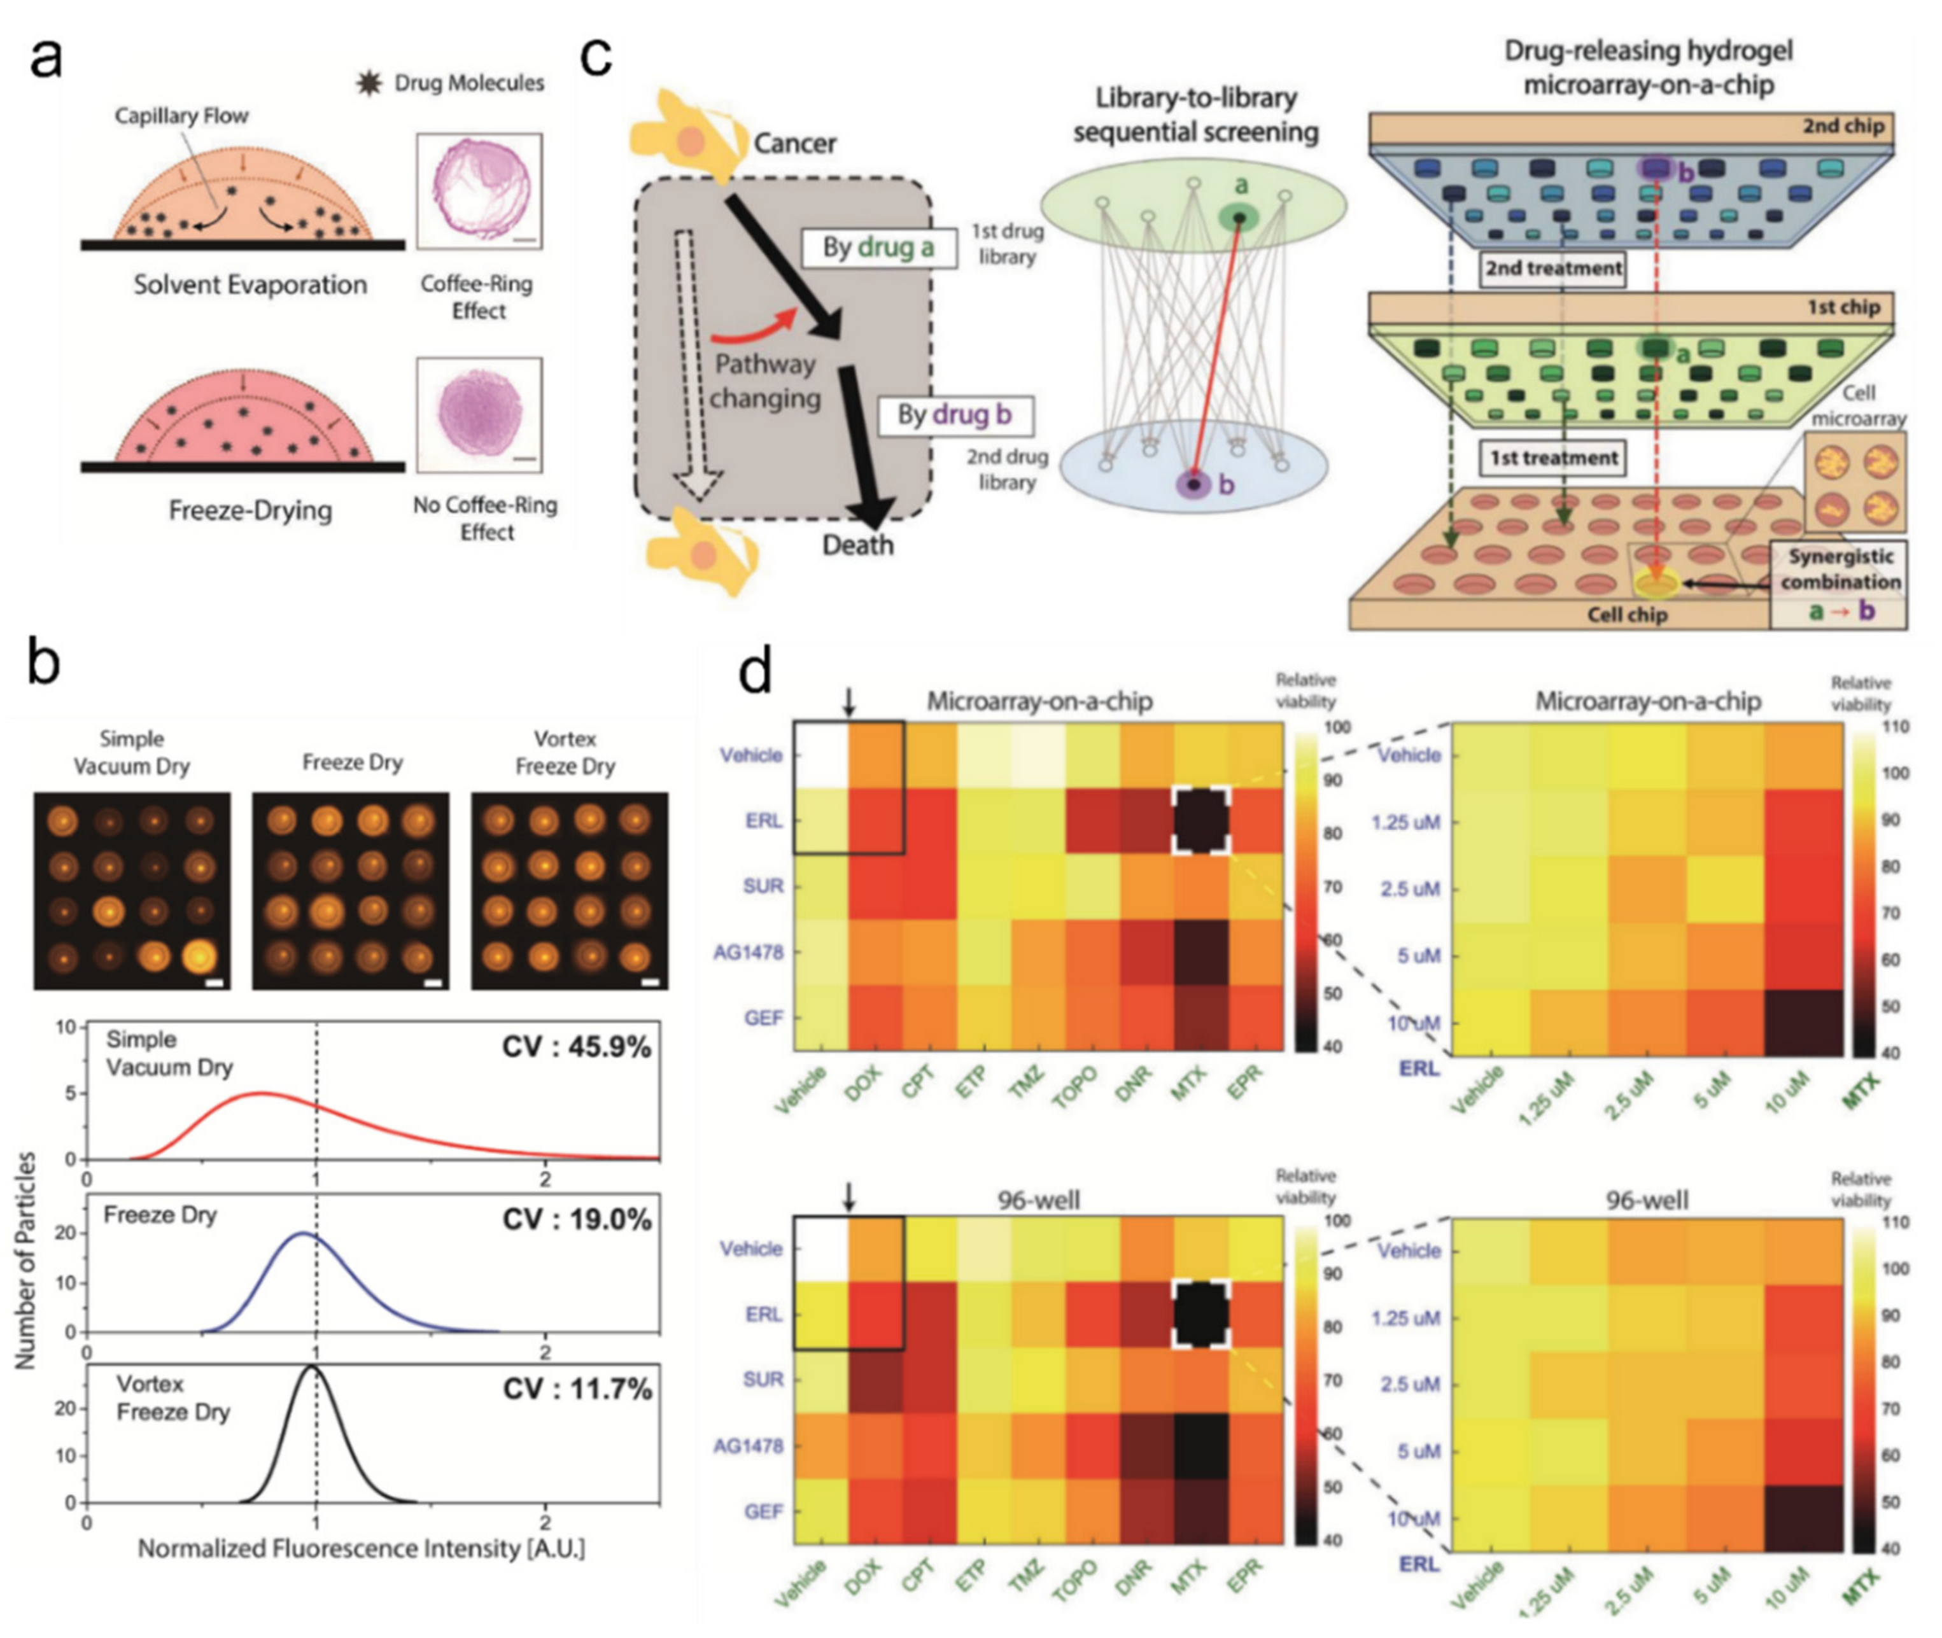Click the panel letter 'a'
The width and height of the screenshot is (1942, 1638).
(46, 57)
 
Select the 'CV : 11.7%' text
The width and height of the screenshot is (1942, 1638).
(577, 1389)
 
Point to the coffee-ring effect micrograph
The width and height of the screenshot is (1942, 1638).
(478, 190)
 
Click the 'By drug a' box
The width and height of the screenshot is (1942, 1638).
(878, 248)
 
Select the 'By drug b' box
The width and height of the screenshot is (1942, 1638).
(954, 414)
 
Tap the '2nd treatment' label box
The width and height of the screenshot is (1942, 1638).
(1553, 269)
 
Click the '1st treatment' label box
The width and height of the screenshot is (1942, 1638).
(1553, 458)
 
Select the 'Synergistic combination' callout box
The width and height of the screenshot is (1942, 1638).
(1840, 569)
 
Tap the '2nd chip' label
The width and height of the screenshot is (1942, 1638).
(1843, 126)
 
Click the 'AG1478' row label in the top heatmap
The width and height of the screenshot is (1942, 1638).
(749, 952)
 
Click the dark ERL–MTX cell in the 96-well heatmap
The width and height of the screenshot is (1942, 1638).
(1201, 1314)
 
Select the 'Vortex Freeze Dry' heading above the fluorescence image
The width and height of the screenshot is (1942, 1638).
(565, 752)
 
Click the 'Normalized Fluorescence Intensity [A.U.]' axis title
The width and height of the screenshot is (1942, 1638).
(362, 1548)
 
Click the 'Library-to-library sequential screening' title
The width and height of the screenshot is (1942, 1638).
(1195, 114)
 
